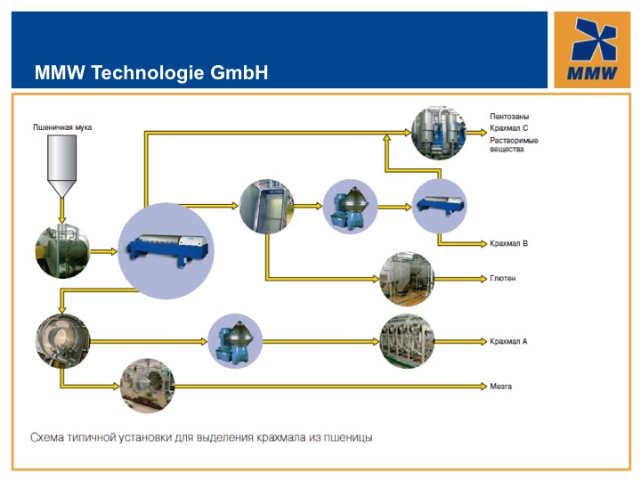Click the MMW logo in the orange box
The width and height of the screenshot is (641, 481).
coord(592,49)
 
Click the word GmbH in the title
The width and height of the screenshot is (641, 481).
coord(239,72)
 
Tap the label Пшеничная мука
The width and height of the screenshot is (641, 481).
coord(62,127)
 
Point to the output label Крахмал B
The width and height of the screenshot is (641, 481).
coord(508,243)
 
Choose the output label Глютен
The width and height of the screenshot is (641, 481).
coord(502,278)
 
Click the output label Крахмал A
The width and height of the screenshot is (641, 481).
coord(508,341)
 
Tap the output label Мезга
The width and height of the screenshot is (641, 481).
coord(500,386)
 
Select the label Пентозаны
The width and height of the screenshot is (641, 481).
coord(509,117)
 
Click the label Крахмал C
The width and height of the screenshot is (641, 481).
coord(509,128)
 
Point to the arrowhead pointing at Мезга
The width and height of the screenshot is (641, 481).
coord(483,386)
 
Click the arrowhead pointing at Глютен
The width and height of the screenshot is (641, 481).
coord(483,279)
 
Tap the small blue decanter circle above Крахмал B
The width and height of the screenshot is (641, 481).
coord(439,206)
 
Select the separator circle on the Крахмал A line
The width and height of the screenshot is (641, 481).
coord(235,341)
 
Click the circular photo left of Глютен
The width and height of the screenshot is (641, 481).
coord(407,279)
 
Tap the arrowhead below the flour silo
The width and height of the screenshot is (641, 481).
coord(61,220)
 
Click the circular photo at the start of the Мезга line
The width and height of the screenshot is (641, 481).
coord(147,386)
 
